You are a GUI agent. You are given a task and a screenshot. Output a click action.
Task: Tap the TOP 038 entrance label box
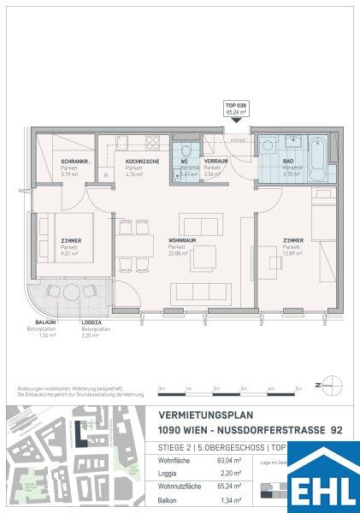[235, 109]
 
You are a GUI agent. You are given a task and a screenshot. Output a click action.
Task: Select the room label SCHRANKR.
[71, 162]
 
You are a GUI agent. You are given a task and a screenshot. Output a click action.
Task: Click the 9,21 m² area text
[69, 253]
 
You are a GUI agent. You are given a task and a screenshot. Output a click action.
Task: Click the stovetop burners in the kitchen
[154, 142]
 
